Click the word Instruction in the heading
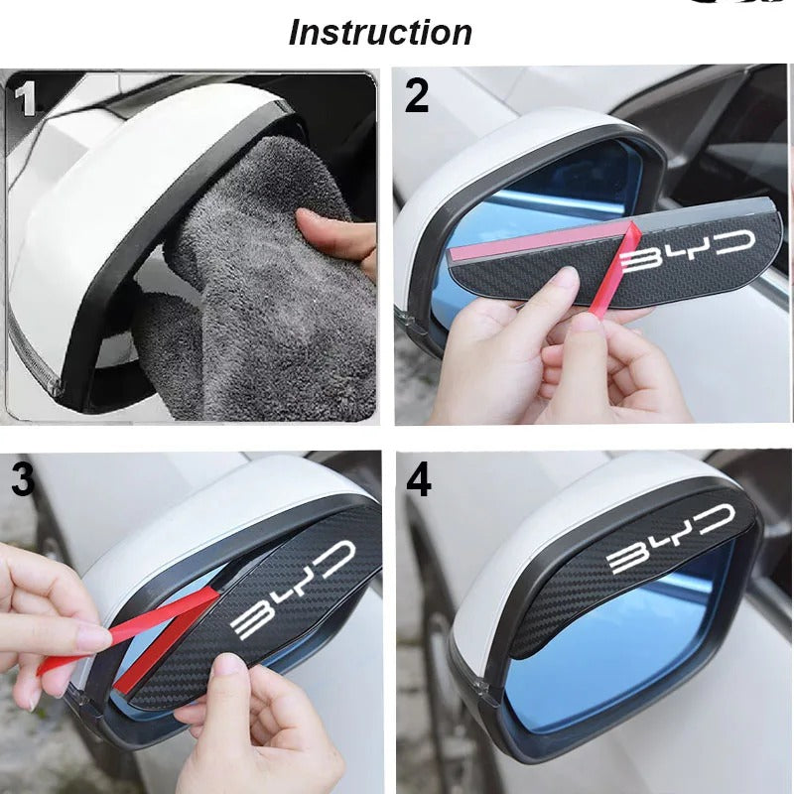point(380,33)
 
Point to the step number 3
point(23,479)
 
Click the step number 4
point(420,480)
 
